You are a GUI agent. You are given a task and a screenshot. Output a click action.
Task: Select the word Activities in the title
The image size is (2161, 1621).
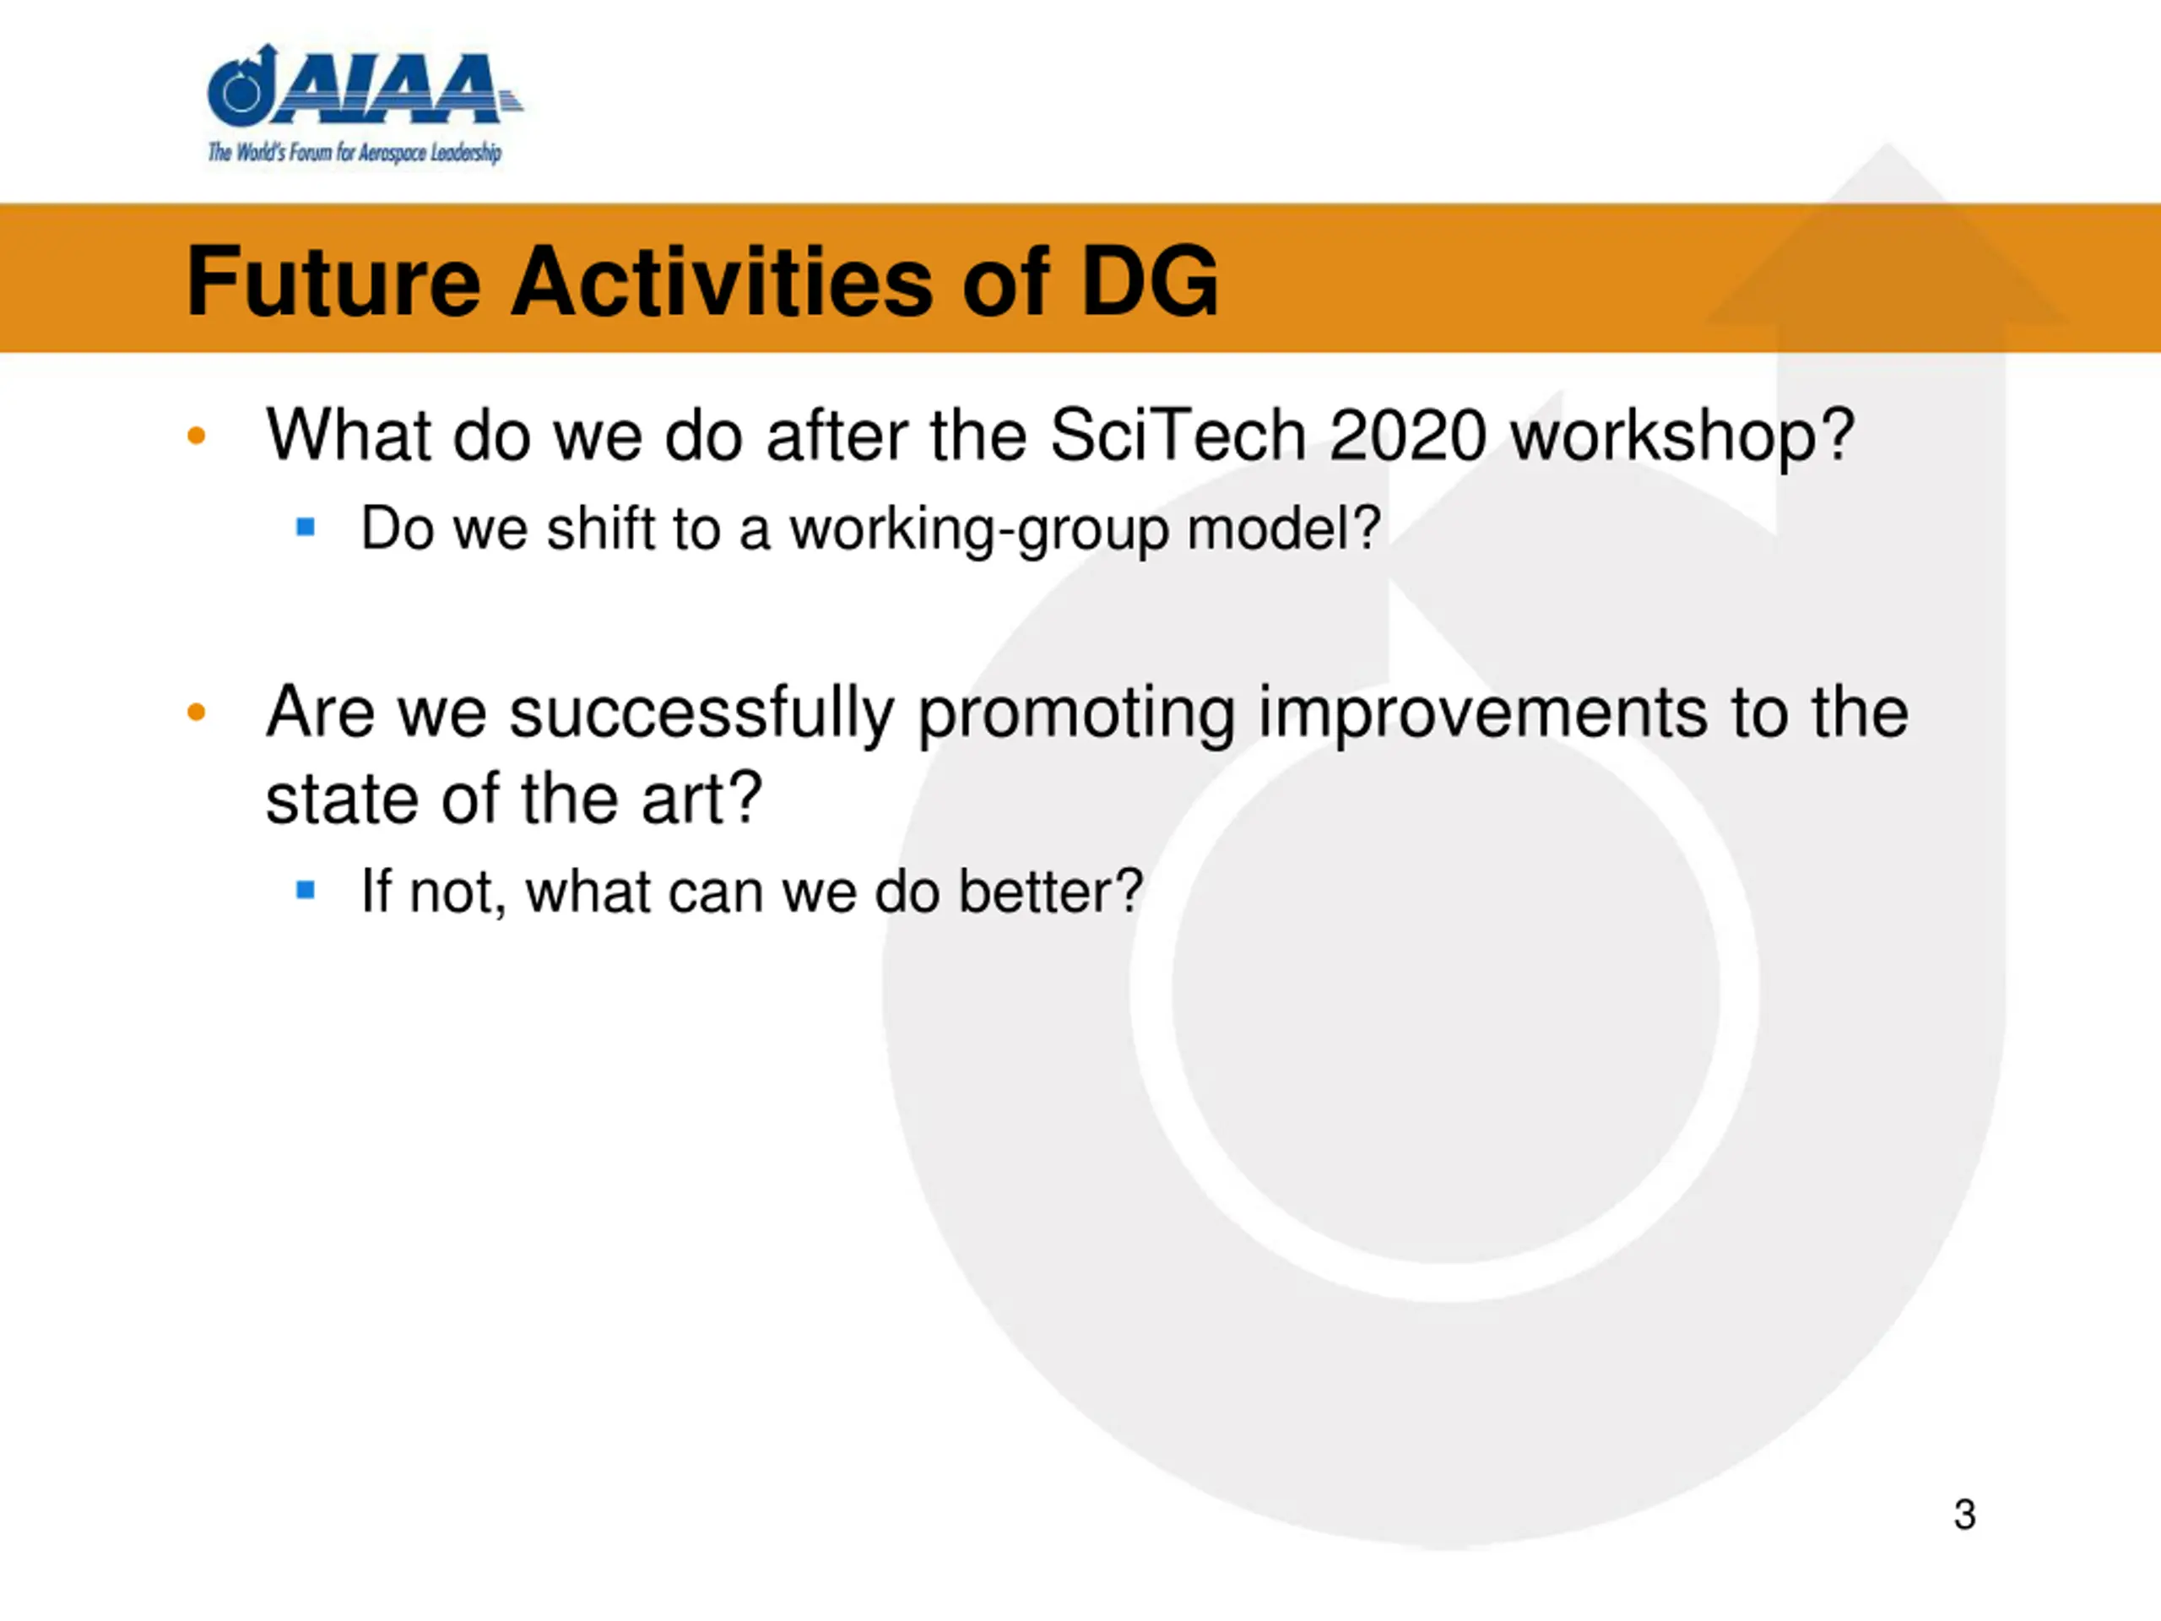pos(721,281)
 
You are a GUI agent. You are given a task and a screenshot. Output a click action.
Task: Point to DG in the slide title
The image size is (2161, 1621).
pos(1150,281)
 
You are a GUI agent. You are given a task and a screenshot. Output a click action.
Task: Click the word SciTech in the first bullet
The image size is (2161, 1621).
pos(1178,435)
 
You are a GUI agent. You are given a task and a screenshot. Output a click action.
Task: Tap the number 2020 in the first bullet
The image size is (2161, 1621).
pos(1408,435)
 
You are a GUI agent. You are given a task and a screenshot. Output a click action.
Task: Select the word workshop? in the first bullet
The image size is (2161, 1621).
pos(1682,436)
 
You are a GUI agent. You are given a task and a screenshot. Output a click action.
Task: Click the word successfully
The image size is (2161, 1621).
pos(701,713)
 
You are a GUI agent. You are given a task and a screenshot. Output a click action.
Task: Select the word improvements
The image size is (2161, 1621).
pos(1483,713)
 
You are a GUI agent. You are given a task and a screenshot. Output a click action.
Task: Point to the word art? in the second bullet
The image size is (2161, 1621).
pos(701,799)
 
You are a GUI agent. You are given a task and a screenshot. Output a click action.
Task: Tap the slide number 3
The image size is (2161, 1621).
pos(1964,1515)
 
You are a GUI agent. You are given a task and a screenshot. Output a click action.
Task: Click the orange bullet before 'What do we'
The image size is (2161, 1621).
pos(197,436)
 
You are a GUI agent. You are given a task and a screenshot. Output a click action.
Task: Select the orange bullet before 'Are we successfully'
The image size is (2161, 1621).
pos(197,713)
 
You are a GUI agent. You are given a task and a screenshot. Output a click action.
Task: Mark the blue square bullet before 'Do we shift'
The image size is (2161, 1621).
pos(306,528)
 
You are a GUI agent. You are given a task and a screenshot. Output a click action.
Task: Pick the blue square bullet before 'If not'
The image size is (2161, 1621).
pos(306,890)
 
